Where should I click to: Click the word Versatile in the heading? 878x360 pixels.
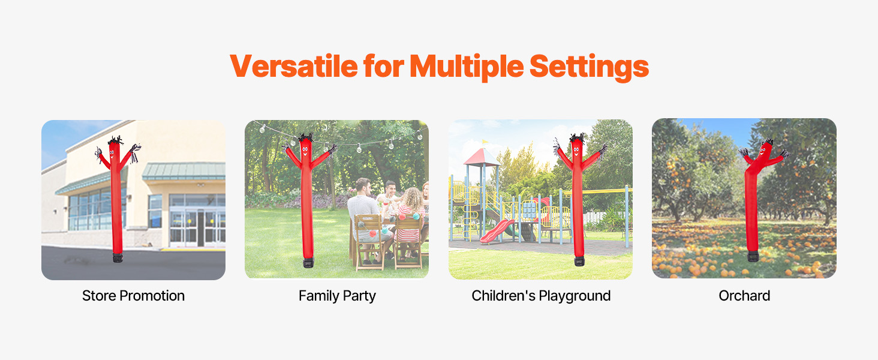pyautogui.click(x=294, y=66)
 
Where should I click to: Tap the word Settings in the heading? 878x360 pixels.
pyautogui.click(x=589, y=67)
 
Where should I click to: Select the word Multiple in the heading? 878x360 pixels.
pyautogui.click(x=467, y=67)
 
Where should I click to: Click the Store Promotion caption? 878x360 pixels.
pyautogui.click(x=133, y=296)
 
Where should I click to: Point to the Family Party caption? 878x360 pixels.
pyautogui.click(x=337, y=296)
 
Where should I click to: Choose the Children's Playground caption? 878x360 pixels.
pyautogui.click(x=541, y=296)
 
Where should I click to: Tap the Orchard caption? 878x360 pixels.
pyautogui.click(x=744, y=296)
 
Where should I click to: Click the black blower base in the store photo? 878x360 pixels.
pyautogui.click(x=118, y=257)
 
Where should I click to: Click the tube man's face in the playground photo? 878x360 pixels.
pyautogui.click(x=576, y=151)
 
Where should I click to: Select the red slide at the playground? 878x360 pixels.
pyautogui.click(x=496, y=232)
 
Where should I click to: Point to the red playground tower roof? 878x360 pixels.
pyautogui.click(x=482, y=157)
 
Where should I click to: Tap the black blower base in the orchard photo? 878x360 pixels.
pyautogui.click(x=753, y=256)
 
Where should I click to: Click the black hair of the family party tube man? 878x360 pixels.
pyautogui.click(x=306, y=137)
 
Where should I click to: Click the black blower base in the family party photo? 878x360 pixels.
pyautogui.click(x=308, y=262)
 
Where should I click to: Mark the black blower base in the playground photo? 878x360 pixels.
pyautogui.click(x=579, y=261)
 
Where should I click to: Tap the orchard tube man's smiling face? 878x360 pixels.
pyautogui.click(x=763, y=150)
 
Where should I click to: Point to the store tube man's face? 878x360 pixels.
pyautogui.click(x=112, y=153)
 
